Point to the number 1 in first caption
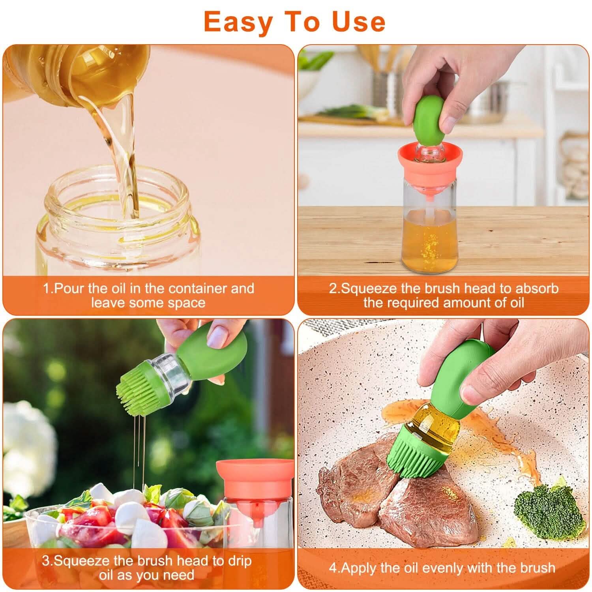tap(46, 288)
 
